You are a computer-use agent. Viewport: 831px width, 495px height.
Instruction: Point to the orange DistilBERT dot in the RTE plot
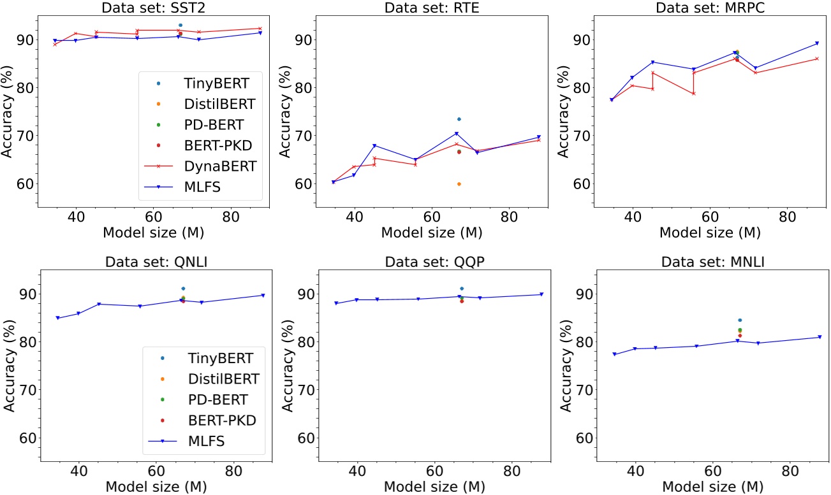pyautogui.click(x=459, y=184)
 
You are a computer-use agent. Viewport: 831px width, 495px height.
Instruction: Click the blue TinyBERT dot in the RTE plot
pyautogui.click(x=459, y=119)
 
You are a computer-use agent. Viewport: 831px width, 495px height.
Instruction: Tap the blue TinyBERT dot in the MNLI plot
pyautogui.click(x=740, y=320)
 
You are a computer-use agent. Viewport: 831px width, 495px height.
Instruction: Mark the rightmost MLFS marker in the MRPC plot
pyautogui.click(x=817, y=43)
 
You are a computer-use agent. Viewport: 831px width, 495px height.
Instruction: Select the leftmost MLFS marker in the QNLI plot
pyautogui.click(x=57, y=318)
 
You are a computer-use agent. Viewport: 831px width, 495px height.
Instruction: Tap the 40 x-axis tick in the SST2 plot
pyautogui.click(x=76, y=217)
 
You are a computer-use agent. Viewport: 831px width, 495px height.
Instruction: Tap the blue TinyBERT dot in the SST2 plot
pyautogui.click(x=180, y=25)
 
